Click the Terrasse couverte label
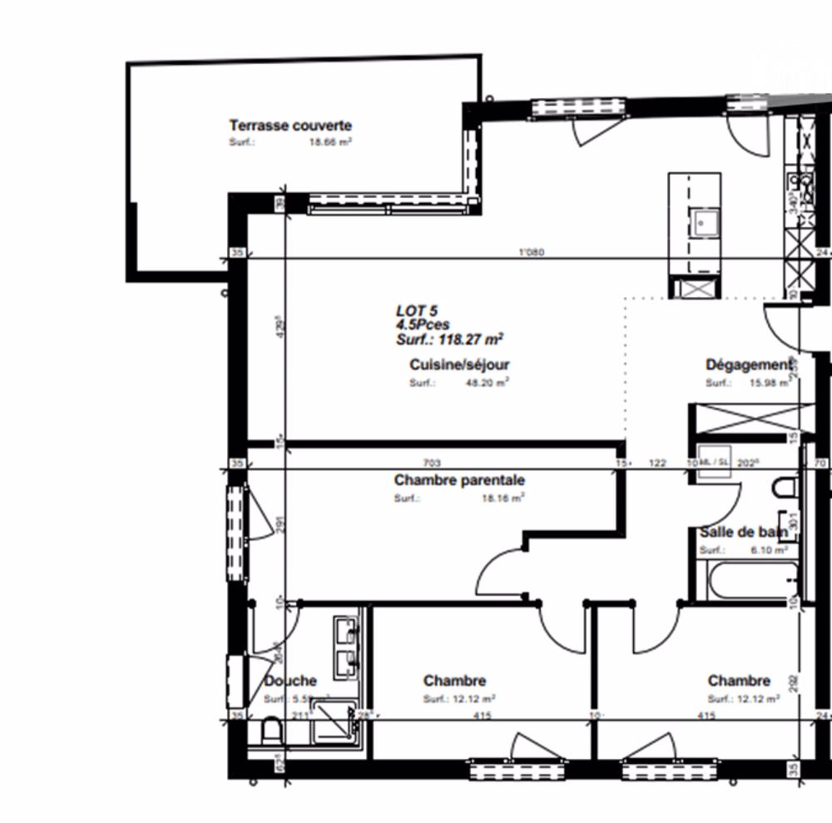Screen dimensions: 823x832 pyautogui.click(x=290, y=126)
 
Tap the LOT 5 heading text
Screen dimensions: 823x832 pyautogui.click(x=416, y=310)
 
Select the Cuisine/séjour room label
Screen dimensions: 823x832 pyautogui.click(x=459, y=364)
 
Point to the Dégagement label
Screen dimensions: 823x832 pyautogui.click(x=748, y=364)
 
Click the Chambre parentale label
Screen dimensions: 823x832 pyautogui.click(x=459, y=480)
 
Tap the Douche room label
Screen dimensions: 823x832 pyautogui.click(x=291, y=681)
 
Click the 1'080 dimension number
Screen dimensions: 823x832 pyautogui.click(x=531, y=252)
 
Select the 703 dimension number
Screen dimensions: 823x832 pyautogui.click(x=431, y=463)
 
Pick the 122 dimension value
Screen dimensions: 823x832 pyautogui.click(x=657, y=463)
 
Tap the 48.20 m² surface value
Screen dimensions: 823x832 pyautogui.click(x=488, y=383)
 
